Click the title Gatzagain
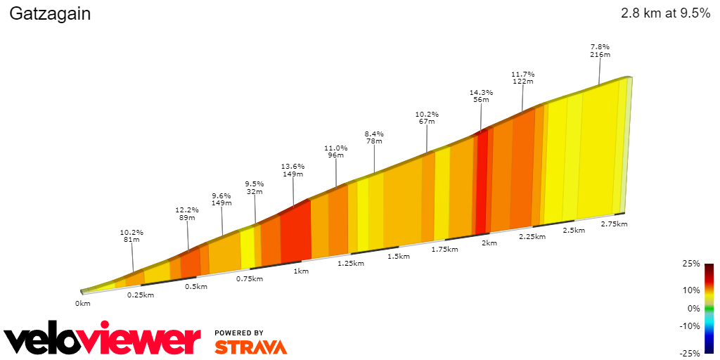(x=50, y=13)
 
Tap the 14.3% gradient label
(x=482, y=92)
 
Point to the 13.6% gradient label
(x=294, y=166)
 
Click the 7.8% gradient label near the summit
(x=600, y=46)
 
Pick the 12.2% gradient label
(x=187, y=210)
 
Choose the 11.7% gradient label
(x=522, y=74)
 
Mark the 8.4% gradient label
(x=374, y=134)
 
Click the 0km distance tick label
(x=83, y=303)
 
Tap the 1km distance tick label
(x=301, y=271)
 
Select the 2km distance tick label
(x=489, y=243)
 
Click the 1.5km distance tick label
(x=399, y=257)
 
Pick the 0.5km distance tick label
(x=196, y=286)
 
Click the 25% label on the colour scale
(x=691, y=264)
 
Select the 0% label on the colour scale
(x=693, y=308)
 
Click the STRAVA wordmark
(x=250, y=347)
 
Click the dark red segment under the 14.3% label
(x=481, y=183)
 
